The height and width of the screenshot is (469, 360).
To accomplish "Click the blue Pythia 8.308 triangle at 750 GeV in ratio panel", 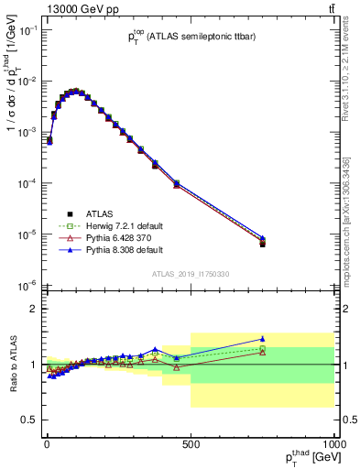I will pyautogui.click(x=262, y=339).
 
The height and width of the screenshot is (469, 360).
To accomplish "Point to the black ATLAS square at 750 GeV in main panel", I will pyautogui.click(x=262, y=244).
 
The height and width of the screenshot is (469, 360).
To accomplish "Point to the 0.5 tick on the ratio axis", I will pyautogui.click(x=29, y=420).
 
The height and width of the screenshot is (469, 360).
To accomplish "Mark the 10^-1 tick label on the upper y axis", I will pyautogui.click(x=26, y=30).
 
